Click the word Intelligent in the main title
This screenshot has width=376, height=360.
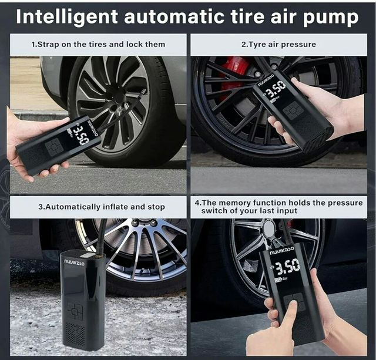tap(67, 17)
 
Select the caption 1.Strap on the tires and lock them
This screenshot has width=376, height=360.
tap(98, 45)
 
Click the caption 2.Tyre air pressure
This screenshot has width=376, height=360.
tap(278, 45)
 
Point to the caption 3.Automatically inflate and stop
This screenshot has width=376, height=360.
tap(102, 207)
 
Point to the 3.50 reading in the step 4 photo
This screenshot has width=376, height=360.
tap(287, 266)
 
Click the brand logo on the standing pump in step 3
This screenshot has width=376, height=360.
tap(75, 263)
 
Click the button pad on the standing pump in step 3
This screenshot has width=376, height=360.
tap(75, 311)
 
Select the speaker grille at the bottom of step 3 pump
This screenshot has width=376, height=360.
tap(75, 334)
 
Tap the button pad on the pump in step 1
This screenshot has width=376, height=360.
tap(55, 147)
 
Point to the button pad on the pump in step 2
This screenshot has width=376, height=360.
tap(293, 111)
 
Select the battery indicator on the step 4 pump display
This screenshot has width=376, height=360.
tap(278, 279)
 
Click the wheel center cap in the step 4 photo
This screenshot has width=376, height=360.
tap(268, 227)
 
